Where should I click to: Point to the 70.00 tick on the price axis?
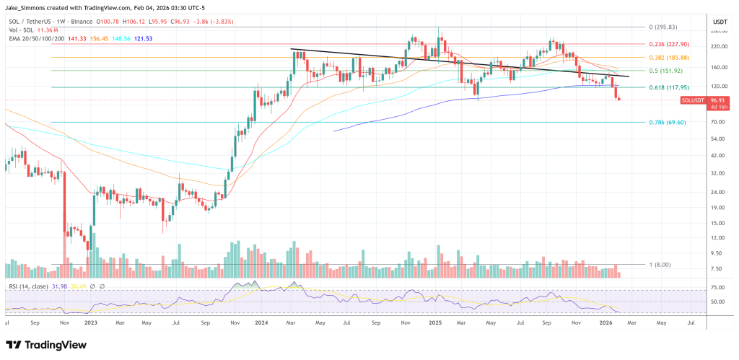coord(717,122)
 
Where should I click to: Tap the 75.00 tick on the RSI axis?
coord(717,286)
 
